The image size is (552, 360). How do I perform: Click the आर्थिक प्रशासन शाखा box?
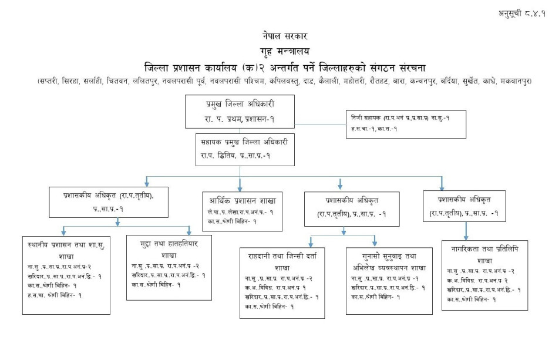(x=241, y=208)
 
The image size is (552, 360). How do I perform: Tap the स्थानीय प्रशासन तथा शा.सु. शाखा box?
(x=66, y=274)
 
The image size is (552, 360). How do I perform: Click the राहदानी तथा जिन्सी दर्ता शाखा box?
(x=282, y=283)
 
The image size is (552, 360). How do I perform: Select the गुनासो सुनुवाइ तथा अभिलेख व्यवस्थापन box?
(x=381, y=276)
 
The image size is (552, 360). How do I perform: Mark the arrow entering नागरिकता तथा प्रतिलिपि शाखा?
(x=466, y=235)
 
